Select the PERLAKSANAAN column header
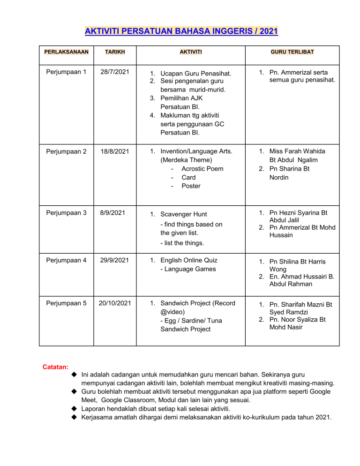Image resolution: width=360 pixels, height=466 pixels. tap(66, 52)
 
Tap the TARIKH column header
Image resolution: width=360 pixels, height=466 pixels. tap(115, 52)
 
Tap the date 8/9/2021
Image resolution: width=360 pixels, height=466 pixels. tap(114, 212)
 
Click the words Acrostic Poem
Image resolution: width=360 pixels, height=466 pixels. tap(202, 169)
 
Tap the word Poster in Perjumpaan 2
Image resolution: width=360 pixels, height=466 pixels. tap(191, 186)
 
